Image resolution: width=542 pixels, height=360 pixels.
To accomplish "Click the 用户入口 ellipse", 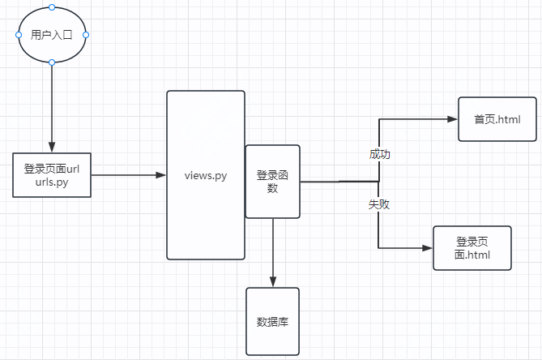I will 52,35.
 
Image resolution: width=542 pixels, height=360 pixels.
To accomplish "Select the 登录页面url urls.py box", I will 52,175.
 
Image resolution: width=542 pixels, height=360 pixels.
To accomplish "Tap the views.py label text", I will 205,175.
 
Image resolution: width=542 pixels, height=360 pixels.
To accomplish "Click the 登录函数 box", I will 272,182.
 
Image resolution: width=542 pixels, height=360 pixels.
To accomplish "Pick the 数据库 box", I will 272,321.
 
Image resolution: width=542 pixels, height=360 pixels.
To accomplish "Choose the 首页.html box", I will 497,120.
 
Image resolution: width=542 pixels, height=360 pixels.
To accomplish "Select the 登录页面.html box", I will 472,247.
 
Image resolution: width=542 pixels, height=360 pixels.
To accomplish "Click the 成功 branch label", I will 379,154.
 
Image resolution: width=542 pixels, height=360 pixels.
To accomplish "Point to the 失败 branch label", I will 379,204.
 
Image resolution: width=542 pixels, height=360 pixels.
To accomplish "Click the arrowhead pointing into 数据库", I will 272,281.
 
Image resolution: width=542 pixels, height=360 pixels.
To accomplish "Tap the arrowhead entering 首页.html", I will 452,119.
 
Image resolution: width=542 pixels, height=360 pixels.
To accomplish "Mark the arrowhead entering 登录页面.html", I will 428,247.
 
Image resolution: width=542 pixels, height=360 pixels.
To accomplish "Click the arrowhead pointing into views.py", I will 160,175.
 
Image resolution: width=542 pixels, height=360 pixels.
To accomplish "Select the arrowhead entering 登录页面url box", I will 52,147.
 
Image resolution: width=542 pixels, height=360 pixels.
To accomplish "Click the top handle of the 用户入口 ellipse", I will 52,7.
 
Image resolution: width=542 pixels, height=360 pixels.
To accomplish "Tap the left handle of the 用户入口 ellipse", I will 18,35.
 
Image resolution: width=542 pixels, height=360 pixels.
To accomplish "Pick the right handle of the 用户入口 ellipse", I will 86,35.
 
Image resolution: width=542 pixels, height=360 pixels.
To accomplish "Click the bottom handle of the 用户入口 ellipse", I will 52,62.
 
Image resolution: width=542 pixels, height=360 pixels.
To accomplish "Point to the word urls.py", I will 52,182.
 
